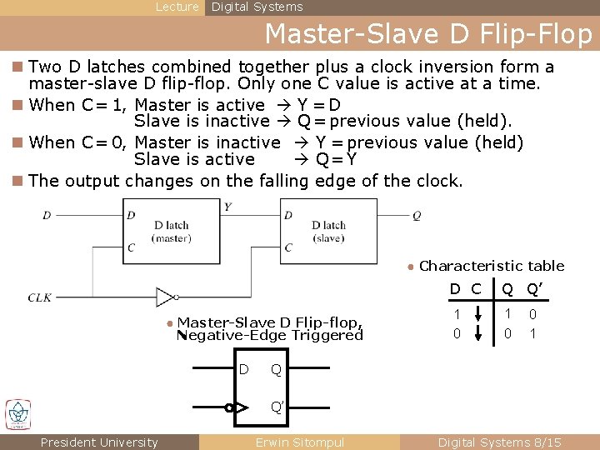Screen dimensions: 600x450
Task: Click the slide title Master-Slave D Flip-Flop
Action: (428, 35)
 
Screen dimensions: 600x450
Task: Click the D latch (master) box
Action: (171, 231)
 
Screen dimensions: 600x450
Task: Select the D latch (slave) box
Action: (327, 231)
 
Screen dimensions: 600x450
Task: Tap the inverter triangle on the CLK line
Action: (167, 297)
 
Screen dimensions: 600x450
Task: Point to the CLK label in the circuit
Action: (40, 297)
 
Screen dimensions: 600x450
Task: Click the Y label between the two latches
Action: (227, 206)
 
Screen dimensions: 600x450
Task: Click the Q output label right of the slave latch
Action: (417, 215)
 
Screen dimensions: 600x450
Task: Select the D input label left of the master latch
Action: (47, 215)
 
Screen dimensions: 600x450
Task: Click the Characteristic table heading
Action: (492, 266)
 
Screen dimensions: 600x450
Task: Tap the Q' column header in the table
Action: (534, 289)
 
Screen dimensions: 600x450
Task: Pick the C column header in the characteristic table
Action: (476, 289)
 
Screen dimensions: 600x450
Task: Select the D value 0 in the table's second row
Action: (456, 333)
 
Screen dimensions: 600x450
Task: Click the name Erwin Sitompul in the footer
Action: (299, 442)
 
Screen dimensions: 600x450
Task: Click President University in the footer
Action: (99, 442)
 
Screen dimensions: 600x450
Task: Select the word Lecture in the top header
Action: (177, 7)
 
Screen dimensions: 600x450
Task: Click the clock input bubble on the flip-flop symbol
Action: (229, 408)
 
